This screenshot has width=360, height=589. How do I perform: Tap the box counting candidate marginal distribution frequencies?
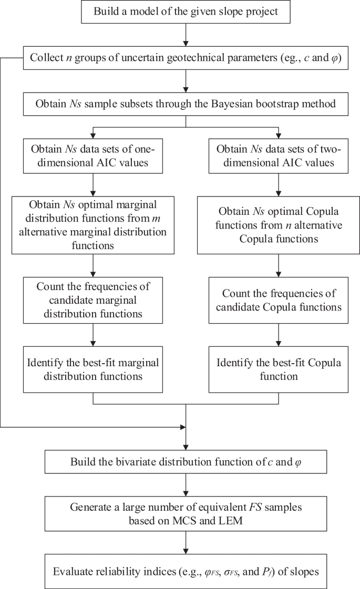(x=92, y=299)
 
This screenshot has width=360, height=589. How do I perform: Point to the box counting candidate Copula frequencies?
(x=278, y=299)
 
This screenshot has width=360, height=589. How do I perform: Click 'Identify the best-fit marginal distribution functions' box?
(x=92, y=370)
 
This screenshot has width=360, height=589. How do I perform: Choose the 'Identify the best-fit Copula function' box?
(x=278, y=370)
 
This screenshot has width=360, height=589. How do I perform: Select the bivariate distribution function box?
(x=186, y=462)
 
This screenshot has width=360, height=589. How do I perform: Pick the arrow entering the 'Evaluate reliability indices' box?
(x=186, y=541)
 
